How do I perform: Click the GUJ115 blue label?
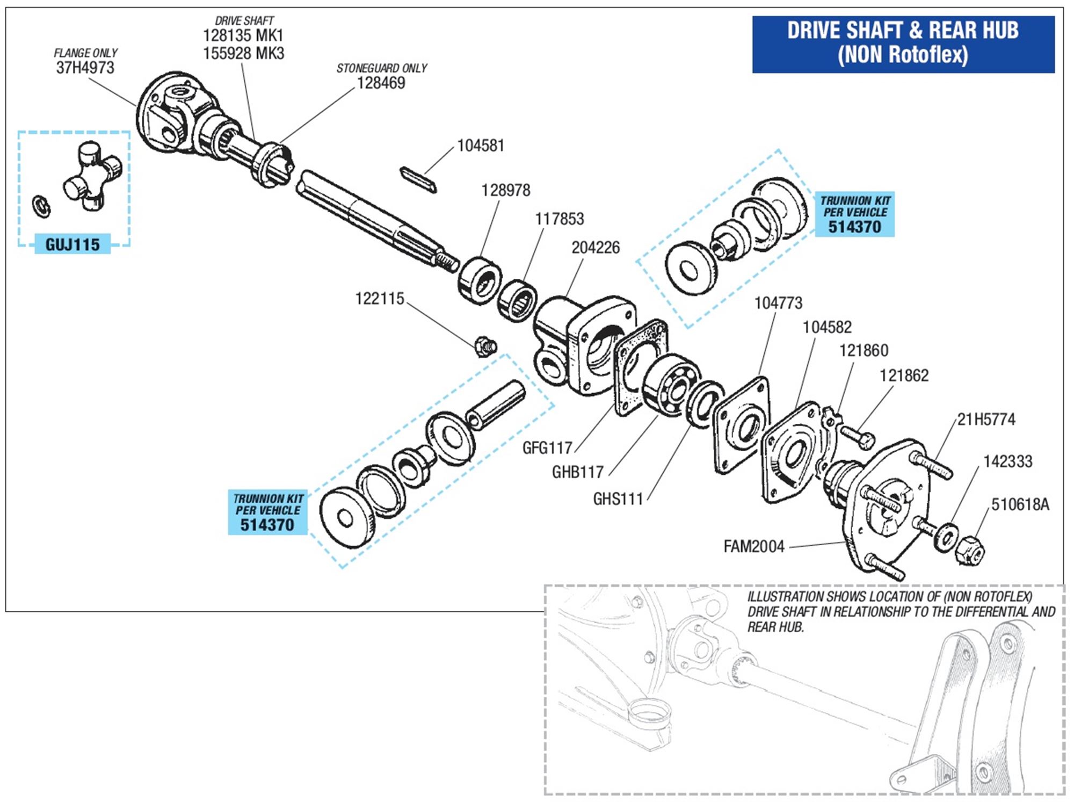(72, 244)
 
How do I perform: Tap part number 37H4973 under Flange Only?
(85, 68)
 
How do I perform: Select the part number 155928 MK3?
(243, 54)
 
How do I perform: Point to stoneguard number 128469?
(381, 83)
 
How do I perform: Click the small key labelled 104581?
(418, 179)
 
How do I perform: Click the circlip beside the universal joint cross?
(42, 206)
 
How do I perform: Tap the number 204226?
(595, 248)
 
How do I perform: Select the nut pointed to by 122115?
(485, 346)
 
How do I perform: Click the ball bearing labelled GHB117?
(670, 385)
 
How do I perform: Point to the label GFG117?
(547, 447)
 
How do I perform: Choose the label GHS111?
(618, 499)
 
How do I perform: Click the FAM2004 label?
(754, 547)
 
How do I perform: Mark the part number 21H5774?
(986, 420)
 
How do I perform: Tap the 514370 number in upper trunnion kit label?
(854, 227)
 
